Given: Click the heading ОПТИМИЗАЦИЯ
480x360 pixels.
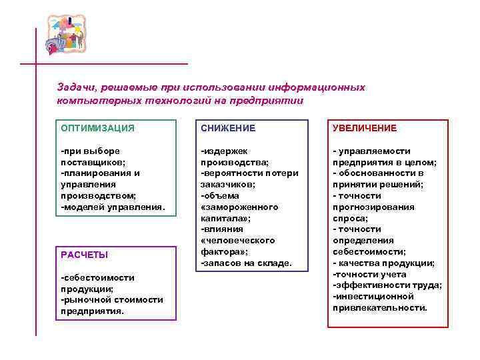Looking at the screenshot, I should (97, 128).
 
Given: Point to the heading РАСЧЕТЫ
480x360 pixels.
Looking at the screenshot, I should (84, 255).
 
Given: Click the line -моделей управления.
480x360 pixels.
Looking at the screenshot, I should (112, 207).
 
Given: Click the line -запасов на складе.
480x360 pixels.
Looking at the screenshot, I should (246, 263).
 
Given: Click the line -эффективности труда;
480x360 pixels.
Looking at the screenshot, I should (387, 285).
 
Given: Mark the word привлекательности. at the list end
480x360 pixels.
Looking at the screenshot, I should (380, 307).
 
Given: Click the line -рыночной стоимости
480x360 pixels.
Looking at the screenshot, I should (111, 299).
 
